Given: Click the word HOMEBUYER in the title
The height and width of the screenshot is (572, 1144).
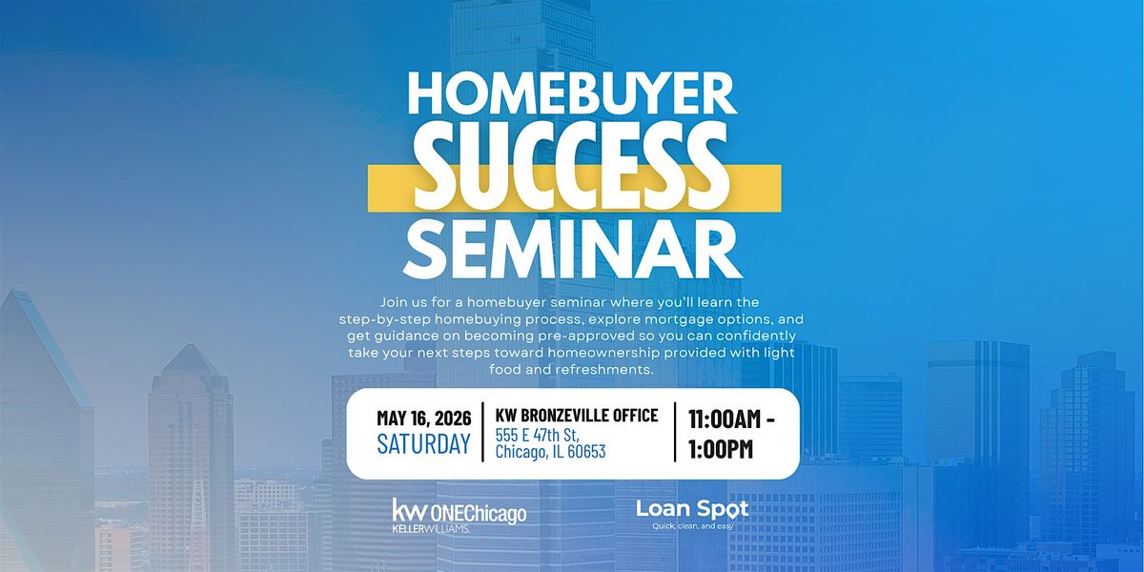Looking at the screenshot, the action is [x=572, y=95].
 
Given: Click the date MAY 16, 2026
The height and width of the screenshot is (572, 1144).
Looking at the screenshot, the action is [x=424, y=419].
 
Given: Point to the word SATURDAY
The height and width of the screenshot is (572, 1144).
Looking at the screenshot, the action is [x=423, y=443].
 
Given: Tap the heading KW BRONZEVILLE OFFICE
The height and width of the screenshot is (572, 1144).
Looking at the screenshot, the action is [x=577, y=416].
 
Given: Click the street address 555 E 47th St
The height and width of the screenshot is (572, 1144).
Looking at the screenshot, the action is [x=537, y=435].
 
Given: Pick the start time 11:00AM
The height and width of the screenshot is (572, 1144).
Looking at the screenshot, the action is [x=725, y=419].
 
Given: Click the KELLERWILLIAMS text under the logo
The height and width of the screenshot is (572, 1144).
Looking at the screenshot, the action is [x=431, y=530].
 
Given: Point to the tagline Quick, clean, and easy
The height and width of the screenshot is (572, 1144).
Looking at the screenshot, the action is [x=692, y=526].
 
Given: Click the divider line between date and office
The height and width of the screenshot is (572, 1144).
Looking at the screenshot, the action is [x=483, y=432].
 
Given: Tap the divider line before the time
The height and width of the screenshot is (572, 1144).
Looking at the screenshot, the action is [x=675, y=432].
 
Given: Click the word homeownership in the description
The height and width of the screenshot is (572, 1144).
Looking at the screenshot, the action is [x=601, y=354].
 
